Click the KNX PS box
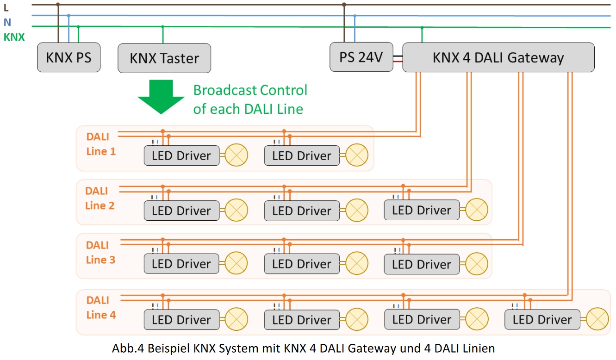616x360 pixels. click(68, 58)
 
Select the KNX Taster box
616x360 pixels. click(164, 58)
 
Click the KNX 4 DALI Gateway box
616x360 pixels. click(498, 58)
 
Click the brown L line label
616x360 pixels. click(6, 7)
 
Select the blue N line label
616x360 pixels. click(6, 22)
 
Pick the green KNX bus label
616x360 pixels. click(14, 37)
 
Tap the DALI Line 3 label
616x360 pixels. click(100, 252)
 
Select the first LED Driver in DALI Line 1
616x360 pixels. click(181, 155)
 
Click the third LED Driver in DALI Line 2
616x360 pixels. click(422, 210)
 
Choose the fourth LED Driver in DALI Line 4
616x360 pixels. click(542, 319)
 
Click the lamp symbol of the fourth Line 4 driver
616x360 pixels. click(597, 319)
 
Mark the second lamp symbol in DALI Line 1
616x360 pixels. click(357, 155)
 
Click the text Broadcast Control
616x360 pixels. click(250, 90)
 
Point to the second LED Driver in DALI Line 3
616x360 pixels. click(302, 264)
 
